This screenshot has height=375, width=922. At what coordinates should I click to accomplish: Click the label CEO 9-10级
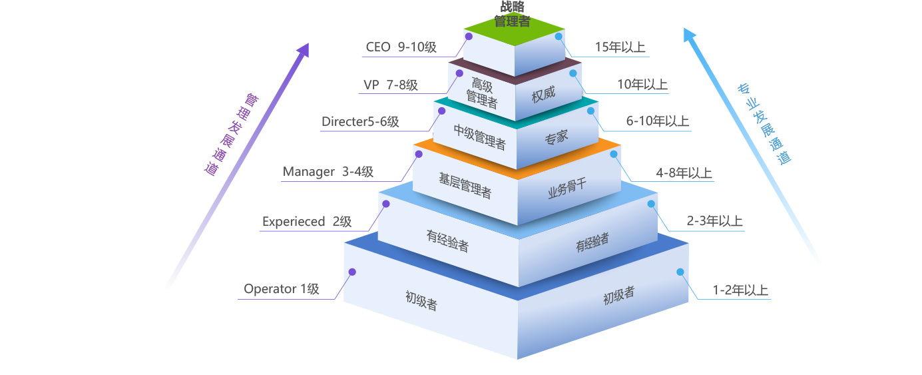tap(401, 47)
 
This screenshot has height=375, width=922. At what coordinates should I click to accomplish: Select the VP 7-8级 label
tap(391, 85)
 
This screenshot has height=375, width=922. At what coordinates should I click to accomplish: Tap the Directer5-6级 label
tap(360, 122)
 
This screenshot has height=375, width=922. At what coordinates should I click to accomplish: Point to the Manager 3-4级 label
tap(328, 172)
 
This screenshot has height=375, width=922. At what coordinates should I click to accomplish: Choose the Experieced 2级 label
tap(307, 222)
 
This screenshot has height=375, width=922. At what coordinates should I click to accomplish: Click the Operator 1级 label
tap(282, 289)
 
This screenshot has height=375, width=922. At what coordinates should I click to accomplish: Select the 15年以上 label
tap(620, 47)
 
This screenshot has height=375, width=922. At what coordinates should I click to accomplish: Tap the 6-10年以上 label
tap(657, 122)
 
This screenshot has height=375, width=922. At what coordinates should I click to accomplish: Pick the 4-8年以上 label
tap(684, 173)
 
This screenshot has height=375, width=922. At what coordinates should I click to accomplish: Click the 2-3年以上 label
tap(714, 222)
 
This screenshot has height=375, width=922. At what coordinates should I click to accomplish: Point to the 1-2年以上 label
tap(740, 290)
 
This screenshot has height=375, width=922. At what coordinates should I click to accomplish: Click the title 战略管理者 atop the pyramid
tap(511, 14)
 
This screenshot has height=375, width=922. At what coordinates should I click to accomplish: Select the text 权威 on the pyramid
tap(543, 95)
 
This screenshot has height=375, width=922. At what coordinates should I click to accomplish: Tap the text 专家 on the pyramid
tap(557, 138)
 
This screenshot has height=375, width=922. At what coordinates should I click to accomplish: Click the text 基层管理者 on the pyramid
tap(465, 186)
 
